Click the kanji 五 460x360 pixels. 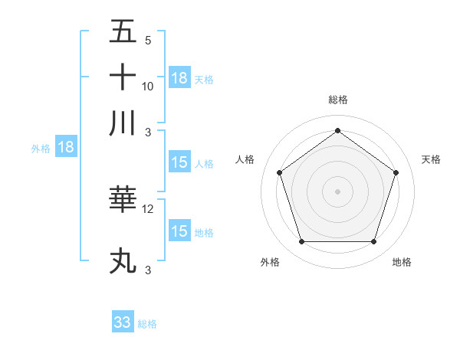[123, 31]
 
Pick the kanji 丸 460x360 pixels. [123, 261]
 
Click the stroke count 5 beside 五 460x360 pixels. [147, 40]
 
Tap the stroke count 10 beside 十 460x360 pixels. [148, 86]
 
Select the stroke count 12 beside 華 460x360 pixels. [148, 208]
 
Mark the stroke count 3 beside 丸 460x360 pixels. [147, 270]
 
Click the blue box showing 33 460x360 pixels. [123, 322]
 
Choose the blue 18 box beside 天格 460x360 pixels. [179, 77]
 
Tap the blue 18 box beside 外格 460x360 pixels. [66, 148]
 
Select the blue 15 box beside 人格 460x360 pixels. [179, 162]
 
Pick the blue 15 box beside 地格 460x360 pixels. [179, 231]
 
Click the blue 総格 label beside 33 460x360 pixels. [147, 324]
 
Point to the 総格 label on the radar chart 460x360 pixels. [338, 100]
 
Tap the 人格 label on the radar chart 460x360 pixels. [245, 159]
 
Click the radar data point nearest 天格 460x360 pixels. [396, 172]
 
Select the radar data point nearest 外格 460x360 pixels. [301, 242]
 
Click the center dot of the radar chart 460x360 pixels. [338, 191]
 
